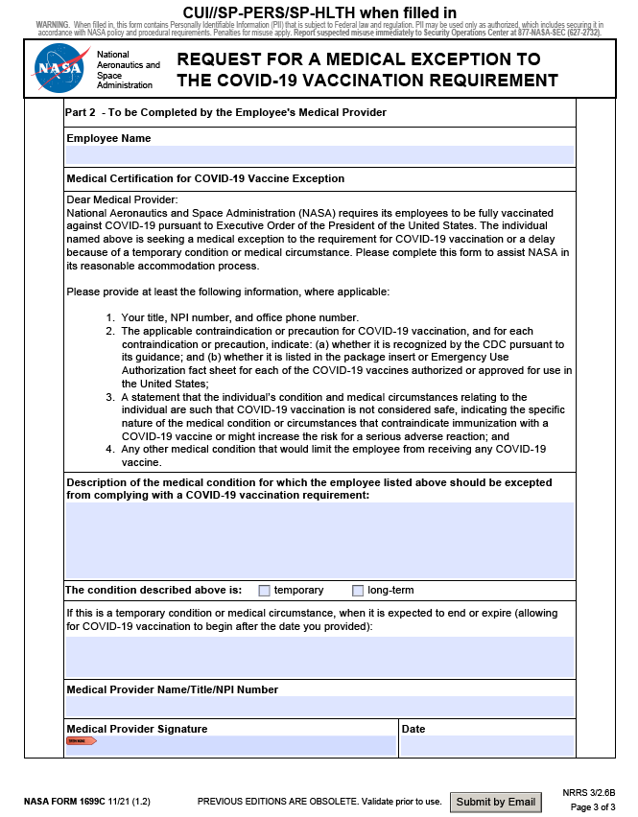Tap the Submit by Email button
click(x=496, y=802)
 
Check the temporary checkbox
click(x=265, y=591)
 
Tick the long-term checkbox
click(x=358, y=591)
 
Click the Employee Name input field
click(x=319, y=155)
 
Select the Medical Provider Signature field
click(x=230, y=746)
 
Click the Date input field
click(x=486, y=746)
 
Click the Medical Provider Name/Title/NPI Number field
click(x=319, y=707)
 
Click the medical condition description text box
click(x=319, y=540)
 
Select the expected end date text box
click(x=319, y=657)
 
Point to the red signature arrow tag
click(x=81, y=741)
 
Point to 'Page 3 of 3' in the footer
click(x=593, y=807)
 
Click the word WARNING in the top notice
click(x=52, y=23)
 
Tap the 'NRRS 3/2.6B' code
click(x=590, y=794)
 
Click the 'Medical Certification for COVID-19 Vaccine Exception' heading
click(x=205, y=179)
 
